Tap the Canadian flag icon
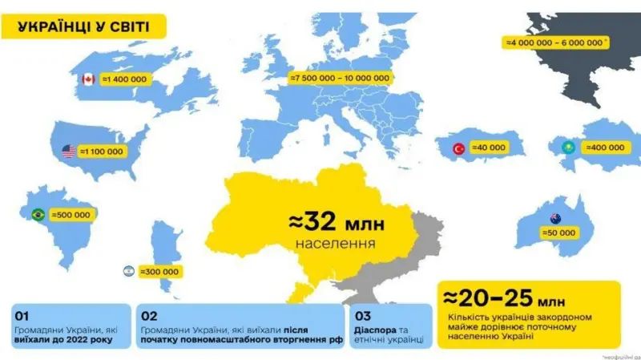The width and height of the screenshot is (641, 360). click(x=88, y=79)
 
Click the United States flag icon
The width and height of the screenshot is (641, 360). click(x=68, y=151)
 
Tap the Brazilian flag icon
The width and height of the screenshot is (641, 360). click(x=37, y=215)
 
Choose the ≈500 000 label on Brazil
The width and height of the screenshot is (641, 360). click(x=71, y=215)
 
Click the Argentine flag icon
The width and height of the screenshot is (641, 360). click(x=128, y=271)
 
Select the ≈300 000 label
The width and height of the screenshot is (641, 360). click(x=161, y=271)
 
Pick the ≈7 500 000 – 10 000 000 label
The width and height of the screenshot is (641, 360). click(x=341, y=78)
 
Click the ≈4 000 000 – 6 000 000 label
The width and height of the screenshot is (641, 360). click(x=555, y=42)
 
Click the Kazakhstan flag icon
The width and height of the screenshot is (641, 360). click(x=566, y=148)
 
